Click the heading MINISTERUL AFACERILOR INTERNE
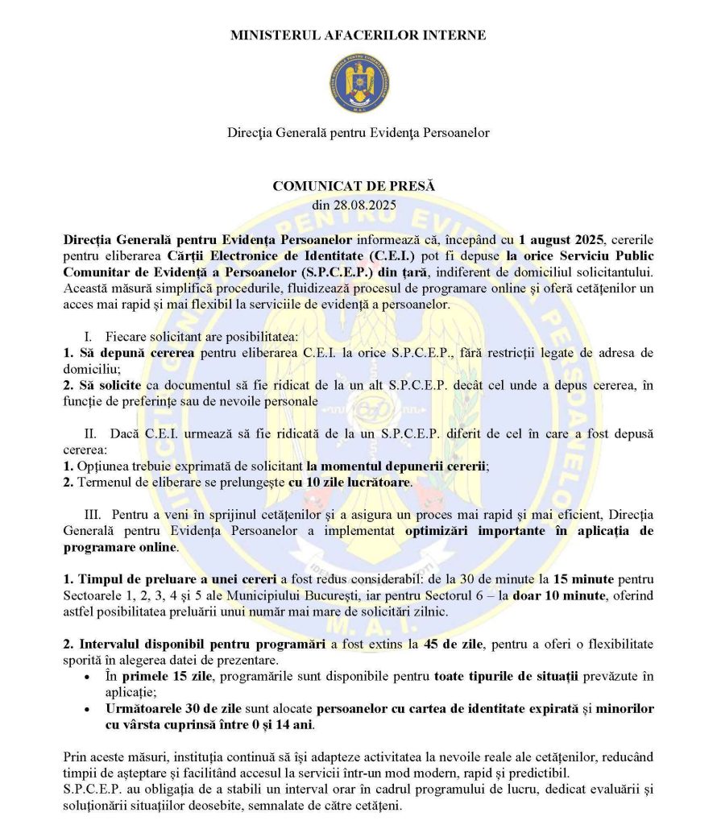click(358, 35)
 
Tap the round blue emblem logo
click(358, 83)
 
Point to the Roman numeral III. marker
click(92, 514)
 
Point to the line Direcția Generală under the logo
click(358, 132)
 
